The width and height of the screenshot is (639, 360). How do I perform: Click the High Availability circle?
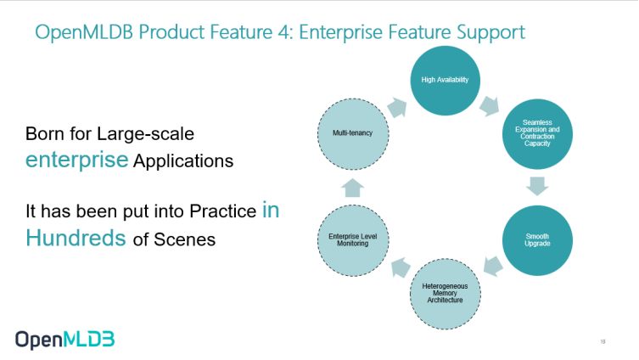(445, 81)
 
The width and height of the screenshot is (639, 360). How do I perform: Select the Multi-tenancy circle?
(353, 133)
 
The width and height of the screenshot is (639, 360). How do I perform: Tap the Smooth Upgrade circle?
(537, 240)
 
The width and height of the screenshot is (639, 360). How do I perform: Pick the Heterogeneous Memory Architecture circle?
(445, 294)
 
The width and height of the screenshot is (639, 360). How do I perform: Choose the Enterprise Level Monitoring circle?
(353, 240)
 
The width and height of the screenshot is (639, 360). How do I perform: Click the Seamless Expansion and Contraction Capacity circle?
(537, 133)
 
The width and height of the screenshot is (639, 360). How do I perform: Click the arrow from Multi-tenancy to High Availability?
(397, 108)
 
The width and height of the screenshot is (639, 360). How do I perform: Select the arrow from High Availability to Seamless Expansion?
(490, 106)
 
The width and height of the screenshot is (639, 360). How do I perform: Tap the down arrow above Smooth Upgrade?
(537, 186)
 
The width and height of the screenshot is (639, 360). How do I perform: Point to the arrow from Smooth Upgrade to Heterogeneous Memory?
(493, 267)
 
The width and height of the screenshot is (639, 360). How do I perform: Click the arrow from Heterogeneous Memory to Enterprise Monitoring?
(401, 267)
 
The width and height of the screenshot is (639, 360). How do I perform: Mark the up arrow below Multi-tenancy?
(352, 188)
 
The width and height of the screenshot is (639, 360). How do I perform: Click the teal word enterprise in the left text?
(76, 160)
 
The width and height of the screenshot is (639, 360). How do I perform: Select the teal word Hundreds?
(76, 238)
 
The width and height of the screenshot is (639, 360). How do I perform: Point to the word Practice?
(223, 211)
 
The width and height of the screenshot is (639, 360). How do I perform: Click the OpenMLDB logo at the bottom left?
(65, 340)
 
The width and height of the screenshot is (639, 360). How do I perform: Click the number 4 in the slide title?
(283, 32)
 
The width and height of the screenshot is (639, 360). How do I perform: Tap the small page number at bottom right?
(603, 341)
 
